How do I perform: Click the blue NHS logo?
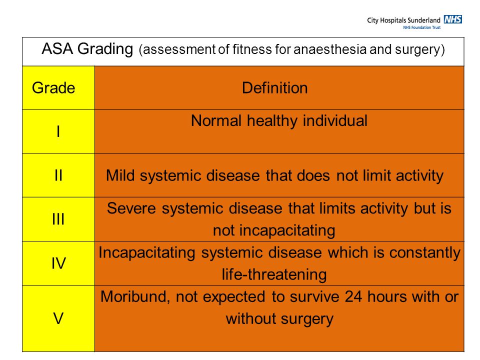(453, 19)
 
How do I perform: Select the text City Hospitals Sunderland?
(403, 20)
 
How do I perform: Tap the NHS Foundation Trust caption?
(422, 27)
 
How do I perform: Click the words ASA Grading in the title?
(87, 49)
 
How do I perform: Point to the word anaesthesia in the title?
(329, 49)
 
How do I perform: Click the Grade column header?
(53, 88)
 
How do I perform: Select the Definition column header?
(274, 88)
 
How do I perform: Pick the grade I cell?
(58, 131)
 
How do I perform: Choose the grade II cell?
(58, 175)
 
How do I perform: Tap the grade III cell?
(58, 219)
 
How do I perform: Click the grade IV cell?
(58, 263)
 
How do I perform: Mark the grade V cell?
(58, 318)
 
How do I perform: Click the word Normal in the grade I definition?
(216, 120)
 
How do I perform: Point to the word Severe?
(131, 208)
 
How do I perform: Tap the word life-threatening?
(274, 274)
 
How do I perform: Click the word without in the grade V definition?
(250, 318)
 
